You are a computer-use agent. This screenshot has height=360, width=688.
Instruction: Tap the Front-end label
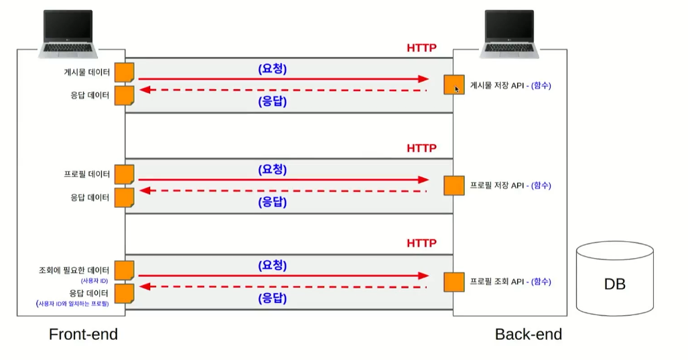83,334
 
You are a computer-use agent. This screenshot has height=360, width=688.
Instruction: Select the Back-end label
529,334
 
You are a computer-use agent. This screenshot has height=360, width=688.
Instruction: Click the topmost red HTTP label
421,48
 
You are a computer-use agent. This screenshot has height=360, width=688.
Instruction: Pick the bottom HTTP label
421,243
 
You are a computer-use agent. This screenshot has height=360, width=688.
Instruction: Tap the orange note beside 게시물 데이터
124,72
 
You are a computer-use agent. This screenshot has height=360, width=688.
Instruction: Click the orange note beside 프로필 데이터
124,174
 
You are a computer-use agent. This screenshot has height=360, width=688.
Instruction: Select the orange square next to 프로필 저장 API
454,186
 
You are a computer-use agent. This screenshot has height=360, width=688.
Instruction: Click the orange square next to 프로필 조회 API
454,282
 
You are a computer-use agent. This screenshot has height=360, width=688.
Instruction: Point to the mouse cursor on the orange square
458,88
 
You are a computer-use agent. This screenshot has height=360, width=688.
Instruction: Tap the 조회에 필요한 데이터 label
74,271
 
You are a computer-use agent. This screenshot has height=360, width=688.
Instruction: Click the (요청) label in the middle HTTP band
272,170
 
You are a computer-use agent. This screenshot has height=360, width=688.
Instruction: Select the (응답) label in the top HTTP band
272,102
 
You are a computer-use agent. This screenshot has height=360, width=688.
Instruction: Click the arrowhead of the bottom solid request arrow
423,276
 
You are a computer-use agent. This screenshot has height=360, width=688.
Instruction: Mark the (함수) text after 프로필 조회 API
541,282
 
